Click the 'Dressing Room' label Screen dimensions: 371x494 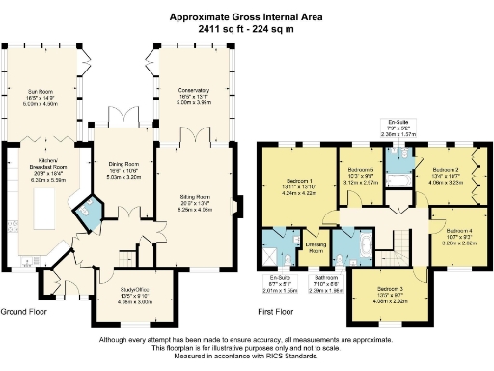click(x=315, y=247)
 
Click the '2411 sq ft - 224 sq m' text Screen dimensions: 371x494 click(x=246, y=30)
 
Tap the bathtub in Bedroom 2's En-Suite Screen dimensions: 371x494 click(x=397, y=180)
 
